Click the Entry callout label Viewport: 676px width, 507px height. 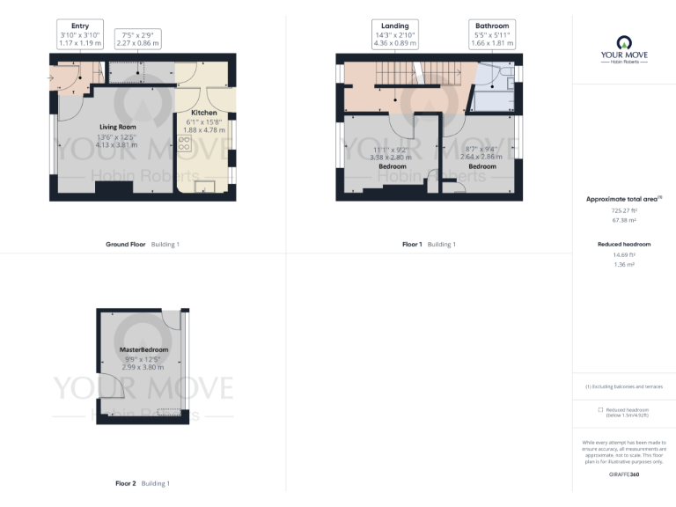click(80, 26)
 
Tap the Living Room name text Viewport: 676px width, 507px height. click(116, 128)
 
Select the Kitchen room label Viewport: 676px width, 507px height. click(204, 114)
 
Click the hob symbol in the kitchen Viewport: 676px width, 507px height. click(186, 144)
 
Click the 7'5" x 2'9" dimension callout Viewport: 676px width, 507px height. click(137, 38)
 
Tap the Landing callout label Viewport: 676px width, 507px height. click(393, 26)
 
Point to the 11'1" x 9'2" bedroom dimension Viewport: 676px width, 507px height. click(392, 150)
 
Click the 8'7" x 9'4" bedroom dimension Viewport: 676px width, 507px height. click(481, 150)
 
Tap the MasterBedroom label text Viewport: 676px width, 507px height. click(143, 350)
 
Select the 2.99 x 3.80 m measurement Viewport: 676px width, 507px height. click(143, 366)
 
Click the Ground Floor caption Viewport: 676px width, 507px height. click(124, 243)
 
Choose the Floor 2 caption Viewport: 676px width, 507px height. click(125, 483)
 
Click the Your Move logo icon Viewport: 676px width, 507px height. click(624, 40)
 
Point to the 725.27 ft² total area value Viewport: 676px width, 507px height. click(624, 211)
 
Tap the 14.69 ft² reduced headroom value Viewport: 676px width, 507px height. click(624, 254)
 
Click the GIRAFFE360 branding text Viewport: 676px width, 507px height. click(624, 474)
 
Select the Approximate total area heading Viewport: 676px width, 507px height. click(622, 200)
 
